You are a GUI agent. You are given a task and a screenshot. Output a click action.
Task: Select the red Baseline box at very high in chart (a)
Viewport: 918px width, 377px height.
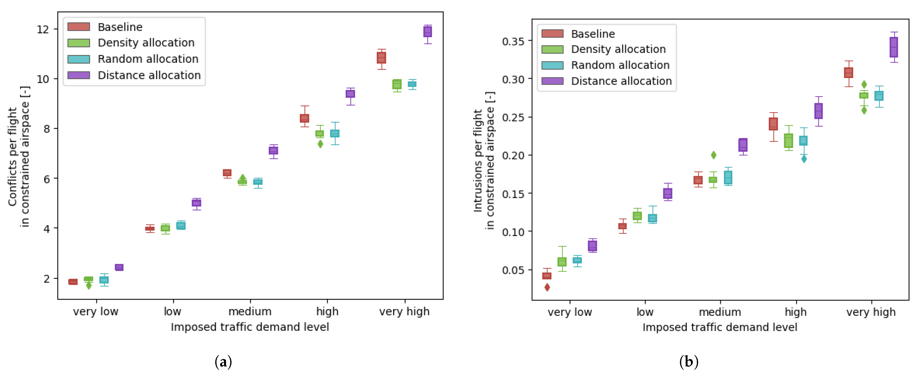pyautogui.click(x=381, y=58)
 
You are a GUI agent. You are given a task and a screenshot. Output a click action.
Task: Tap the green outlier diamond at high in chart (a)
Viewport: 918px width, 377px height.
pyautogui.click(x=320, y=144)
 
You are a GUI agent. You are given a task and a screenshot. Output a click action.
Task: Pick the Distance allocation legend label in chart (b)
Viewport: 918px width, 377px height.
pyautogui.click(x=621, y=81)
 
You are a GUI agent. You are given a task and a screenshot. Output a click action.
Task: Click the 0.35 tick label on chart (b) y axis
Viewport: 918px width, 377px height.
pyautogui.click(x=513, y=41)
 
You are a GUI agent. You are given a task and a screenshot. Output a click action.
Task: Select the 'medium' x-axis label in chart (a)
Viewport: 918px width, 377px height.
pyautogui.click(x=250, y=311)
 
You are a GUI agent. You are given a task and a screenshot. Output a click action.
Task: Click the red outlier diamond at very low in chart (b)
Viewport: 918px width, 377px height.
pyautogui.click(x=547, y=287)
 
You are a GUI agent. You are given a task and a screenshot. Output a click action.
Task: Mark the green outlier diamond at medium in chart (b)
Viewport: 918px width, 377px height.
pyautogui.click(x=713, y=155)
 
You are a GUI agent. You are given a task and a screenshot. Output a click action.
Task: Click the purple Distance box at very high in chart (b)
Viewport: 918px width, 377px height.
pyautogui.click(x=893, y=47)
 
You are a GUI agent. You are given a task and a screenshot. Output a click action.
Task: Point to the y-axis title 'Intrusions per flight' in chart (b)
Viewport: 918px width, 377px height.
pyautogui.click(x=478, y=160)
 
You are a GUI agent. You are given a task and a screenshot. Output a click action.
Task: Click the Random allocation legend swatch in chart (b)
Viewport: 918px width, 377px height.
pyautogui.click(x=552, y=66)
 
